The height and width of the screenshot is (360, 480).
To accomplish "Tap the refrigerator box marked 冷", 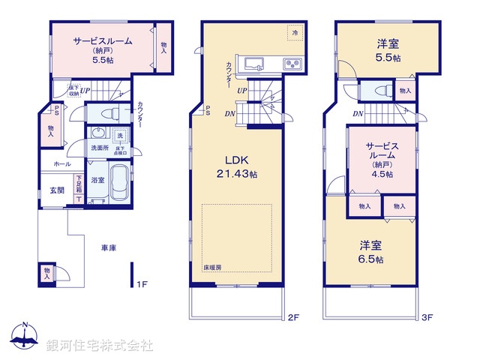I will click(295, 34).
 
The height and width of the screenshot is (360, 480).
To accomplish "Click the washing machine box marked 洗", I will click(118, 136).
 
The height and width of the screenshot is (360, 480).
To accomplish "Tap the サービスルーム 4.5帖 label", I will click(381, 157).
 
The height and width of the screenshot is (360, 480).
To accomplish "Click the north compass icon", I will click(25, 337).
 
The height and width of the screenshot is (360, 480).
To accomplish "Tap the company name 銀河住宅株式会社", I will click(100, 346).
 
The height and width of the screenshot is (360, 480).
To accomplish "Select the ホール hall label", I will click(61, 163).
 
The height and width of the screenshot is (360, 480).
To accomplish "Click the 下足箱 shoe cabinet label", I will click(78, 184).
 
